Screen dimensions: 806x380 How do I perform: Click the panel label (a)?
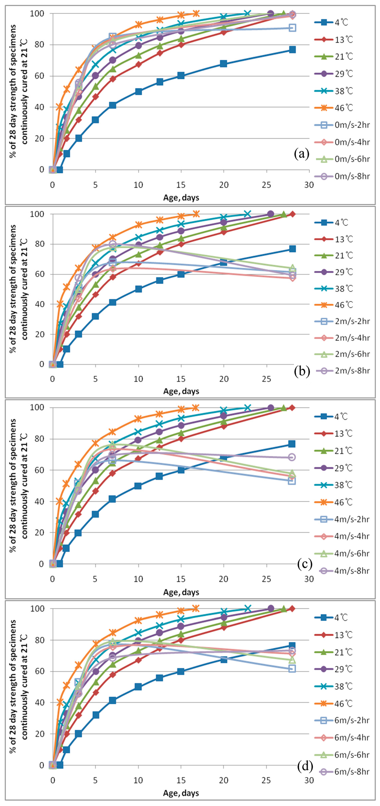[301, 154]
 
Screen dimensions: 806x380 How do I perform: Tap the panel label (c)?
[305, 564]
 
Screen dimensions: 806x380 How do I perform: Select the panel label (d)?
[305, 765]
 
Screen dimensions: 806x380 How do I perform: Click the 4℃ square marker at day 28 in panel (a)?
[292, 49]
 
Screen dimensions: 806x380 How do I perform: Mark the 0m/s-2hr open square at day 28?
[292, 28]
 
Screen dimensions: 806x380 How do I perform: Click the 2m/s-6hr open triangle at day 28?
[292, 268]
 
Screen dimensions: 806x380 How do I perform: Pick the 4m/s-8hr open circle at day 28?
[292, 457]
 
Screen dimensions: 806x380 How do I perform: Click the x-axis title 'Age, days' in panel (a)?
[181, 198]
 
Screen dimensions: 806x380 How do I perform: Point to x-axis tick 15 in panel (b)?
[181, 379]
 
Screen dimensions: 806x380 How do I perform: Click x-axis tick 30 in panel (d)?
[309, 780]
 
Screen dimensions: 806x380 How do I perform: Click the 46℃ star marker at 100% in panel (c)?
[196, 408]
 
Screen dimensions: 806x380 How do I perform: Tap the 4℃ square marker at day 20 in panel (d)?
[224, 659]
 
